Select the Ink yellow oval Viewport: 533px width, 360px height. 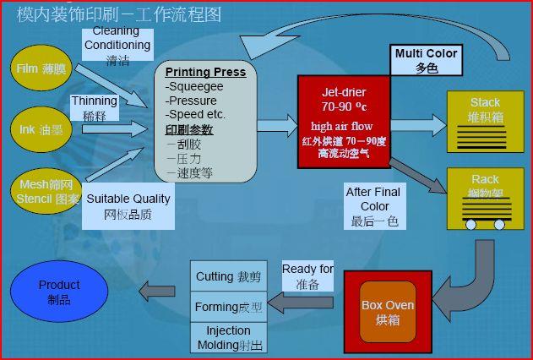[40, 130]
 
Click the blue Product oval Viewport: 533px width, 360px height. [59, 292]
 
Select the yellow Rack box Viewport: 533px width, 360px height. [485, 199]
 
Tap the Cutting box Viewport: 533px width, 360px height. [227, 276]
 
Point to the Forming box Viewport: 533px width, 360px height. [227, 307]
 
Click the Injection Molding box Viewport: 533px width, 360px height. [227, 337]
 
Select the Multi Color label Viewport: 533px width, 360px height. [426, 60]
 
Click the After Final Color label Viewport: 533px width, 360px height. [374, 206]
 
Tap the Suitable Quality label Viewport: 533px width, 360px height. [128, 206]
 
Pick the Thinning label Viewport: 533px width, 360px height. [94, 108]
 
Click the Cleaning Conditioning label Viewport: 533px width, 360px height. [117, 45]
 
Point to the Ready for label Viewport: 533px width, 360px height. [307, 276]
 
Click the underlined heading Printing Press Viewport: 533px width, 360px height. [205, 73]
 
